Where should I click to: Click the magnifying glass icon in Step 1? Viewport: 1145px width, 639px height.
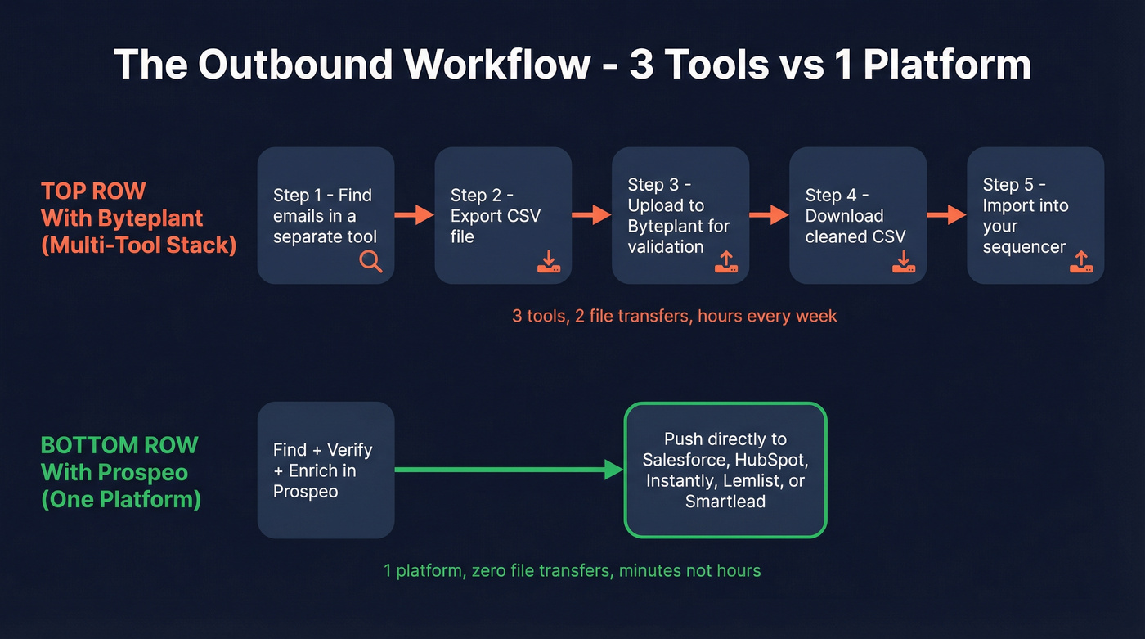coord(370,261)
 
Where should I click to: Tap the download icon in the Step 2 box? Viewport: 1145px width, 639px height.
coord(548,261)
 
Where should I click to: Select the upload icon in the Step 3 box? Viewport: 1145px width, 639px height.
coord(725,261)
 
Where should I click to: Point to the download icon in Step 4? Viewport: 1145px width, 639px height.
coord(903,261)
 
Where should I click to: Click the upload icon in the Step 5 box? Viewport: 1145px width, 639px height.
coord(1080,261)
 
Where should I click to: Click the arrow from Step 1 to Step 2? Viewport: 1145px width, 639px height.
coord(415,215)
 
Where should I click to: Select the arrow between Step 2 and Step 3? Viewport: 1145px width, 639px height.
coord(592,215)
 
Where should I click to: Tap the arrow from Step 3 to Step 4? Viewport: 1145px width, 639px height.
coord(770,215)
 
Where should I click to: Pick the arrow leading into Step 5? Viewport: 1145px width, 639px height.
coord(947,215)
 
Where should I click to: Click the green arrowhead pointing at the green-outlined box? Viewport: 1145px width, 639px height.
coord(613,470)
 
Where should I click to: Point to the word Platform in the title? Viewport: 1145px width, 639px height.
coord(947,65)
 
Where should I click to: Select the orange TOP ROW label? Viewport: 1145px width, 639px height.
coord(93,191)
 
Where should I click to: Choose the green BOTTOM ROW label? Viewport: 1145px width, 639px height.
coord(119,445)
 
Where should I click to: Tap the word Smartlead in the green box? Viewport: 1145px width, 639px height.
coord(725,501)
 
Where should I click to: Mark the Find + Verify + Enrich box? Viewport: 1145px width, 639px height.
coord(326,470)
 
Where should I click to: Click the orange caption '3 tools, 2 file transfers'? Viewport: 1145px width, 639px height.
coord(675,316)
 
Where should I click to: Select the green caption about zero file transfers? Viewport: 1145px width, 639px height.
coord(572,570)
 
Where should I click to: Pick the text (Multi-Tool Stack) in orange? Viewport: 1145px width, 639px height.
coord(138,245)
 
